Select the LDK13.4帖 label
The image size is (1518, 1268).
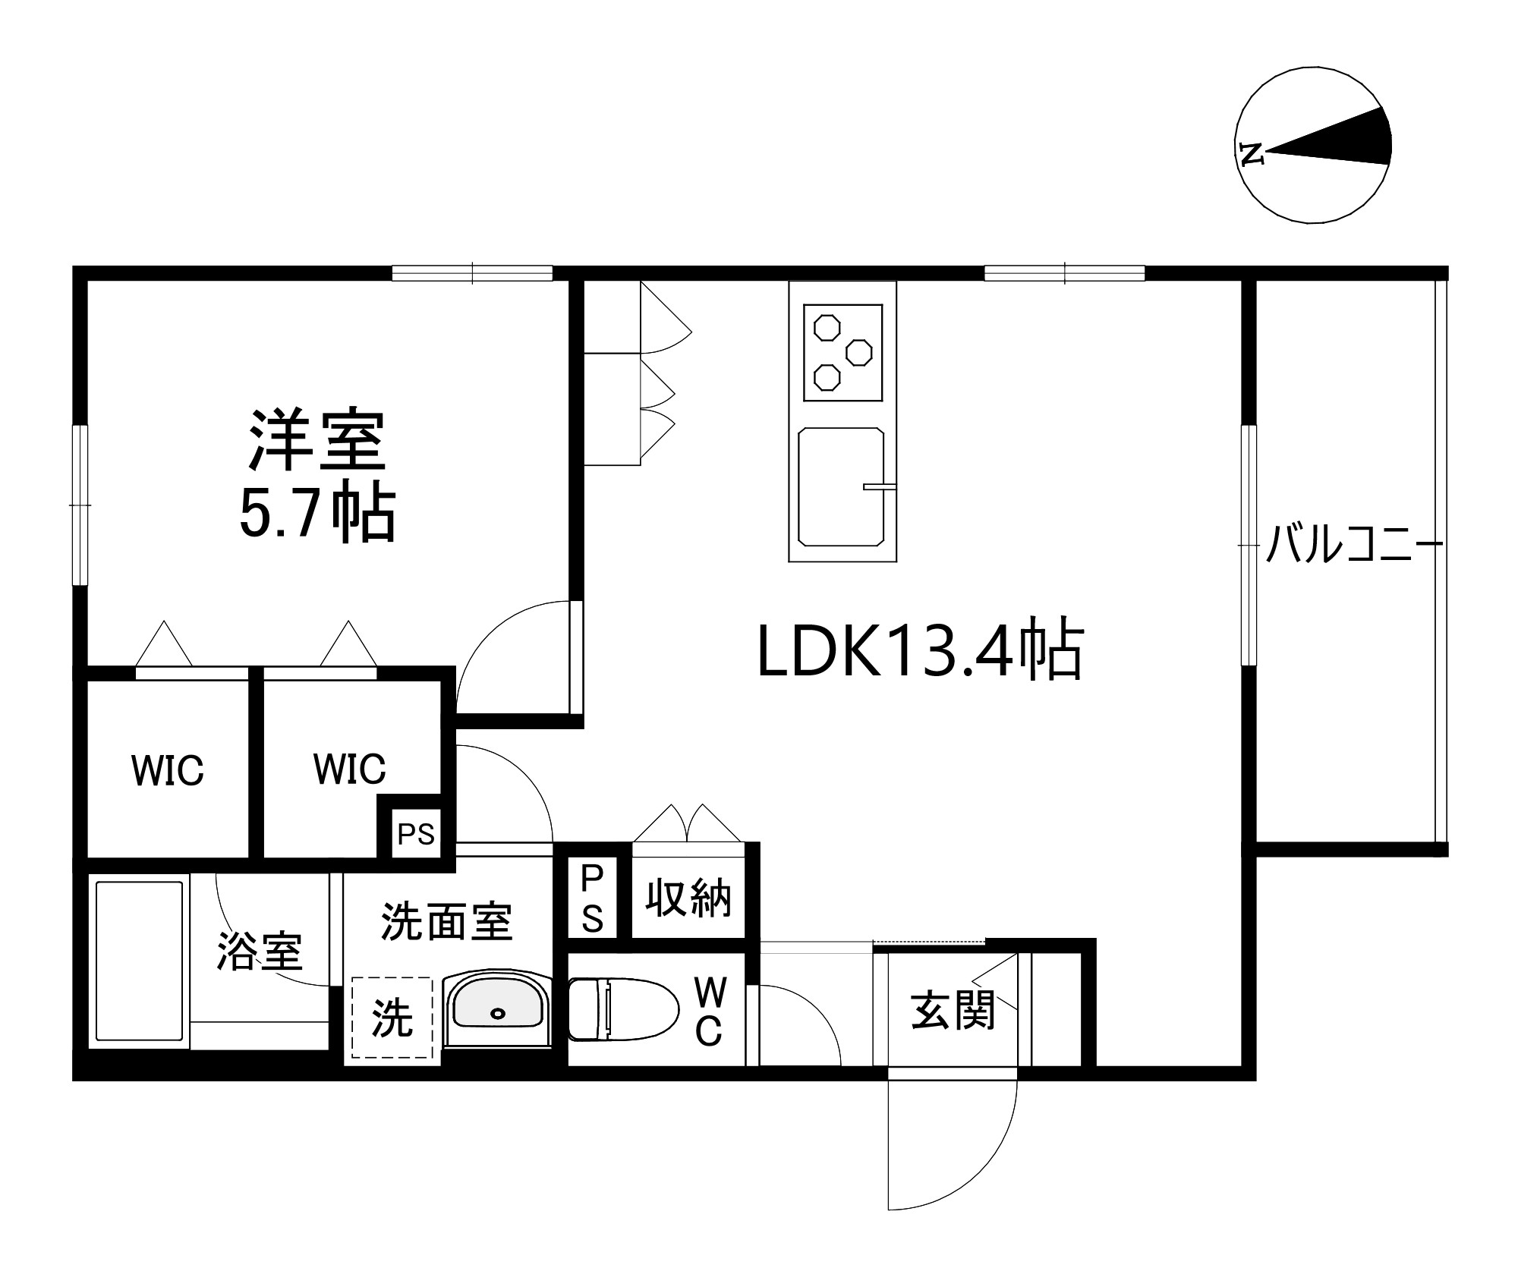click(x=920, y=650)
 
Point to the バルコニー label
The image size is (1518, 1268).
click(x=1353, y=543)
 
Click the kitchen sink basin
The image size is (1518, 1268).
click(x=841, y=487)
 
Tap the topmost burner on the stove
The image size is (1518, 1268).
click(x=826, y=329)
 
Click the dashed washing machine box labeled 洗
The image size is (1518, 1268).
click(x=392, y=1018)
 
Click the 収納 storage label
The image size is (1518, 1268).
click(x=688, y=898)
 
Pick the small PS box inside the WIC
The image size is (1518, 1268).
click(x=416, y=835)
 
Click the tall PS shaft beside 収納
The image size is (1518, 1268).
click(x=591, y=898)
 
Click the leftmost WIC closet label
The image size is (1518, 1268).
click(x=168, y=771)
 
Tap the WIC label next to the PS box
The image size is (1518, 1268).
click(x=349, y=769)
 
